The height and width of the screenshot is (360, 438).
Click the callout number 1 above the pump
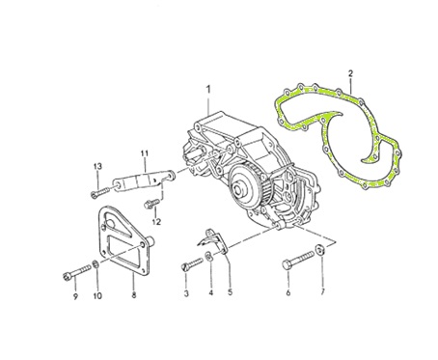point(208,89)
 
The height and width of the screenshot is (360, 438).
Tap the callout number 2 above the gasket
point(350,73)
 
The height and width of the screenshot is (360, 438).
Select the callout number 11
point(145,153)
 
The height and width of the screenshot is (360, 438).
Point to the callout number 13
point(97,166)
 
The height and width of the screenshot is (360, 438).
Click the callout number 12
point(156,222)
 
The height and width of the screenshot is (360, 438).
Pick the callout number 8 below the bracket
point(134,294)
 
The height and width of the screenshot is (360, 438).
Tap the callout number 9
point(75,296)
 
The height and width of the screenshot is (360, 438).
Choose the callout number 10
point(97,295)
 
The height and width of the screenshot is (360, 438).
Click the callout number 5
point(230,292)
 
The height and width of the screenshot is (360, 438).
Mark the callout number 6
point(288,292)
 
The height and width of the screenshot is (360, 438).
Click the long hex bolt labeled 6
point(298,260)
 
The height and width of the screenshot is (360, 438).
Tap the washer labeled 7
point(319,249)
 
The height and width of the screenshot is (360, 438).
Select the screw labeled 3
point(192,264)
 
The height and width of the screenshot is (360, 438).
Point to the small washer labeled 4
point(208,257)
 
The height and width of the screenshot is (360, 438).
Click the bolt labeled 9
point(77,271)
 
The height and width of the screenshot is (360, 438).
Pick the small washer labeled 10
point(96,264)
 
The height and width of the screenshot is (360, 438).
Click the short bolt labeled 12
point(151,204)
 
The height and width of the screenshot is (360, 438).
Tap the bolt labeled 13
point(100,191)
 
